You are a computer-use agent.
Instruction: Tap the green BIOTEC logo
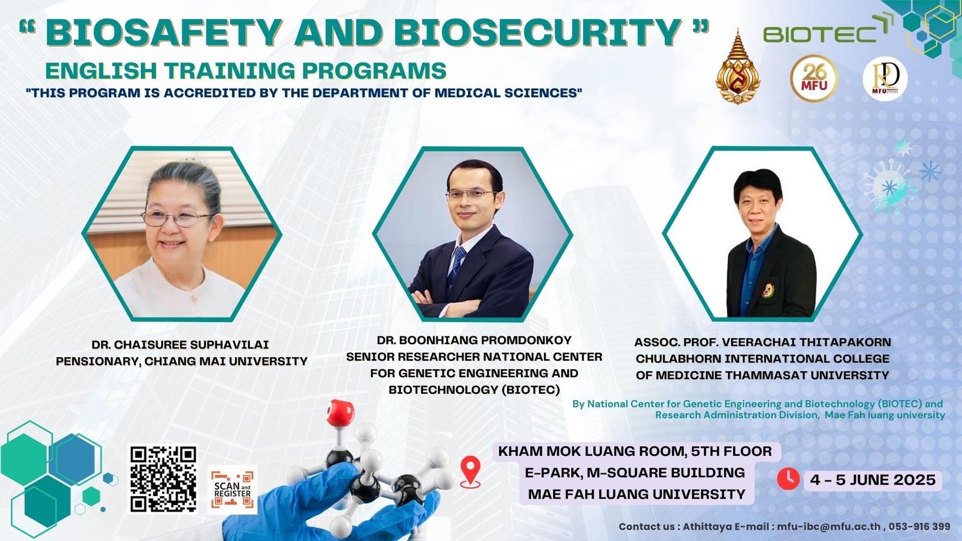[827, 29]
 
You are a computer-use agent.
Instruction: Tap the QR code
[164, 479]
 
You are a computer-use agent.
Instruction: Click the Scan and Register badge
[232, 490]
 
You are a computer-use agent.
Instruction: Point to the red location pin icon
[470, 472]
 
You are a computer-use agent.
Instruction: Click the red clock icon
[788, 479]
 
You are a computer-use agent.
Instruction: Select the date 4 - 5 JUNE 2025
[873, 480]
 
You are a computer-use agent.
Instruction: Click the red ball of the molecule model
[340, 413]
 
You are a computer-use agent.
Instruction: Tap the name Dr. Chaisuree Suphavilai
[180, 345]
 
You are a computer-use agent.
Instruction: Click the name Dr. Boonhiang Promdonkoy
[474, 340]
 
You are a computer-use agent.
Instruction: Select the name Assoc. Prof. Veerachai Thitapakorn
[762, 342]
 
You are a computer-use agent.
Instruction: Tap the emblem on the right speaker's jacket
[767, 290]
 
